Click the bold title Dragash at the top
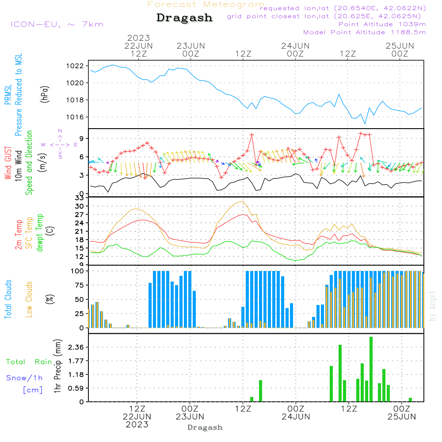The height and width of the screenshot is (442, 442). pyautogui.click(x=184, y=18)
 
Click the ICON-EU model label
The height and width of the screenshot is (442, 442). pyautogui.click(x=57, y=24)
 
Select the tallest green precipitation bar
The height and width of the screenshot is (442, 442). pyautogui.click(x=371, y=369)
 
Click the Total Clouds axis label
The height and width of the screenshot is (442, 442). pyautogui.click(x=8, y=299)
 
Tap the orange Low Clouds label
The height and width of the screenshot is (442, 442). pyautogui.click(x=29, y=299)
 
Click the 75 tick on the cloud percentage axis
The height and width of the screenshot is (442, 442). pyautogui.click(x=78, y=285)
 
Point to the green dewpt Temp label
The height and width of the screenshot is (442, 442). pyautogui.click(x=40, y=232)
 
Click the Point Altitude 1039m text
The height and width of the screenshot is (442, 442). pyautogui.click(x=382, y=24)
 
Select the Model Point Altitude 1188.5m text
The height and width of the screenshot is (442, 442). pyautogui.click(x=365, y=32)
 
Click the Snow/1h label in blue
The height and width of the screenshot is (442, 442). pyautogui.click(x=24, y=378)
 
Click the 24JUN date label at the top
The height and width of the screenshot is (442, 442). pyautogui.click(x=295, y=46)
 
